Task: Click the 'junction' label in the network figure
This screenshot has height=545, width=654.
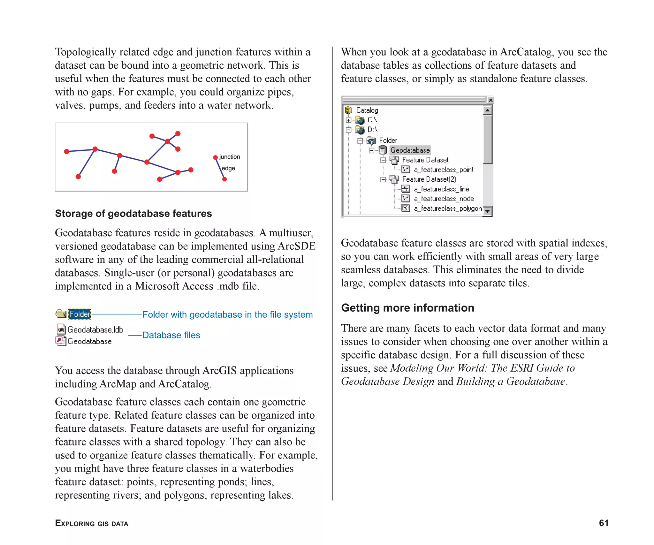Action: tap(229, 157)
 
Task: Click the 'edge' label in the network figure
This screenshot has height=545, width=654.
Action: tap(228, 168)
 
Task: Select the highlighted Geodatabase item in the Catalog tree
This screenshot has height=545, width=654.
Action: tap(410, 150)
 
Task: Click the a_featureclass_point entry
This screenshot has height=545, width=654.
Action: tap(443, 170)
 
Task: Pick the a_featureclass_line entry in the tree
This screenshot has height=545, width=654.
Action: tap(441, 189)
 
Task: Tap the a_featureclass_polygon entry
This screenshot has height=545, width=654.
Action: tap(447, 208)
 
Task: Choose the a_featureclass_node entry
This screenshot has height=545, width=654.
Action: tap(444, 199)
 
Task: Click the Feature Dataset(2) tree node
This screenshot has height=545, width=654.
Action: tap(429, 179)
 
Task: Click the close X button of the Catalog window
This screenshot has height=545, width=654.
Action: tap(490, 100)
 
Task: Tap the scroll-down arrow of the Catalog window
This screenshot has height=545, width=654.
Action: tap(487, 211)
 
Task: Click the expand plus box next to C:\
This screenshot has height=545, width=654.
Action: tap(348, 120)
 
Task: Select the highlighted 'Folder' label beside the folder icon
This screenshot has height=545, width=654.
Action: tap(80, 314)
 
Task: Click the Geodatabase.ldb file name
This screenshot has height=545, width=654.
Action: tap(95, 330)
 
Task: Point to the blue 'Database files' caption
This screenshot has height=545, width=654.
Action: tap(171, 335)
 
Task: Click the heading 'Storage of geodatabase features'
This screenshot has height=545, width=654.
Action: tap(133, 213)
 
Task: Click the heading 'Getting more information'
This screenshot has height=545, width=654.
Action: tap(407, 308)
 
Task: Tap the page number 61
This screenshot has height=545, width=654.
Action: tap(603, 523)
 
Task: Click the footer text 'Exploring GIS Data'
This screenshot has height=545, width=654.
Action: tap(92, 523)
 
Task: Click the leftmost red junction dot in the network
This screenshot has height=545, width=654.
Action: tap(67, 151)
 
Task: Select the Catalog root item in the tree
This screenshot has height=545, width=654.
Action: tap(367, 110)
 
